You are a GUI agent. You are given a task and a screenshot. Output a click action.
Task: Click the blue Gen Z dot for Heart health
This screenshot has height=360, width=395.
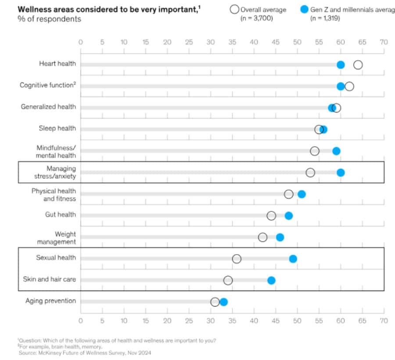[341, 65]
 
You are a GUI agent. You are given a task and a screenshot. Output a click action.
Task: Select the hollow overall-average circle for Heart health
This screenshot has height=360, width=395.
[358, 65]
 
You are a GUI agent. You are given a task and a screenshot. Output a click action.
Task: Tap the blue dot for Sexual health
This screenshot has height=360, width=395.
[293, 259]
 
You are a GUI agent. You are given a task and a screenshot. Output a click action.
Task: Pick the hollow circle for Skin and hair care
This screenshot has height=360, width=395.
[228, 280]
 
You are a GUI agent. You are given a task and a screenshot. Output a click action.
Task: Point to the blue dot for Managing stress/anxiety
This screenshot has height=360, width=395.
[341, 173]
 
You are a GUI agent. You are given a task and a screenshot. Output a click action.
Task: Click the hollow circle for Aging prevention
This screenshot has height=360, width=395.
[215, 302]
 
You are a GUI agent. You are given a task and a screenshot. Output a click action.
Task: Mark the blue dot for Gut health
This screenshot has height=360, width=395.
[288, 216]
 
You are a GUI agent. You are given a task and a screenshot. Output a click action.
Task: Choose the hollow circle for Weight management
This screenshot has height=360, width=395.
[262, 237]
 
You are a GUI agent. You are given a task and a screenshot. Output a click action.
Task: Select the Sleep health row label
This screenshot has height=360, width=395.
[57, 128]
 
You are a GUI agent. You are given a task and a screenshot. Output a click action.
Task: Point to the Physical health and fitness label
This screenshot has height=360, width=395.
[54, 194]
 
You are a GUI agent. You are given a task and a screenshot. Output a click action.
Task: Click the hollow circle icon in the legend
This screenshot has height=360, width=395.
[234, 10]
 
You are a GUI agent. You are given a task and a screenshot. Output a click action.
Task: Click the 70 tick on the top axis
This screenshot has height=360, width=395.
[384, 42]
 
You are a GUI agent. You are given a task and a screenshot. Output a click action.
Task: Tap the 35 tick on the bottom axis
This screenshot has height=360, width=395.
[232, 320]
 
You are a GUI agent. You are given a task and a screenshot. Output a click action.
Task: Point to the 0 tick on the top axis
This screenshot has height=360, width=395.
[80, 42]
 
